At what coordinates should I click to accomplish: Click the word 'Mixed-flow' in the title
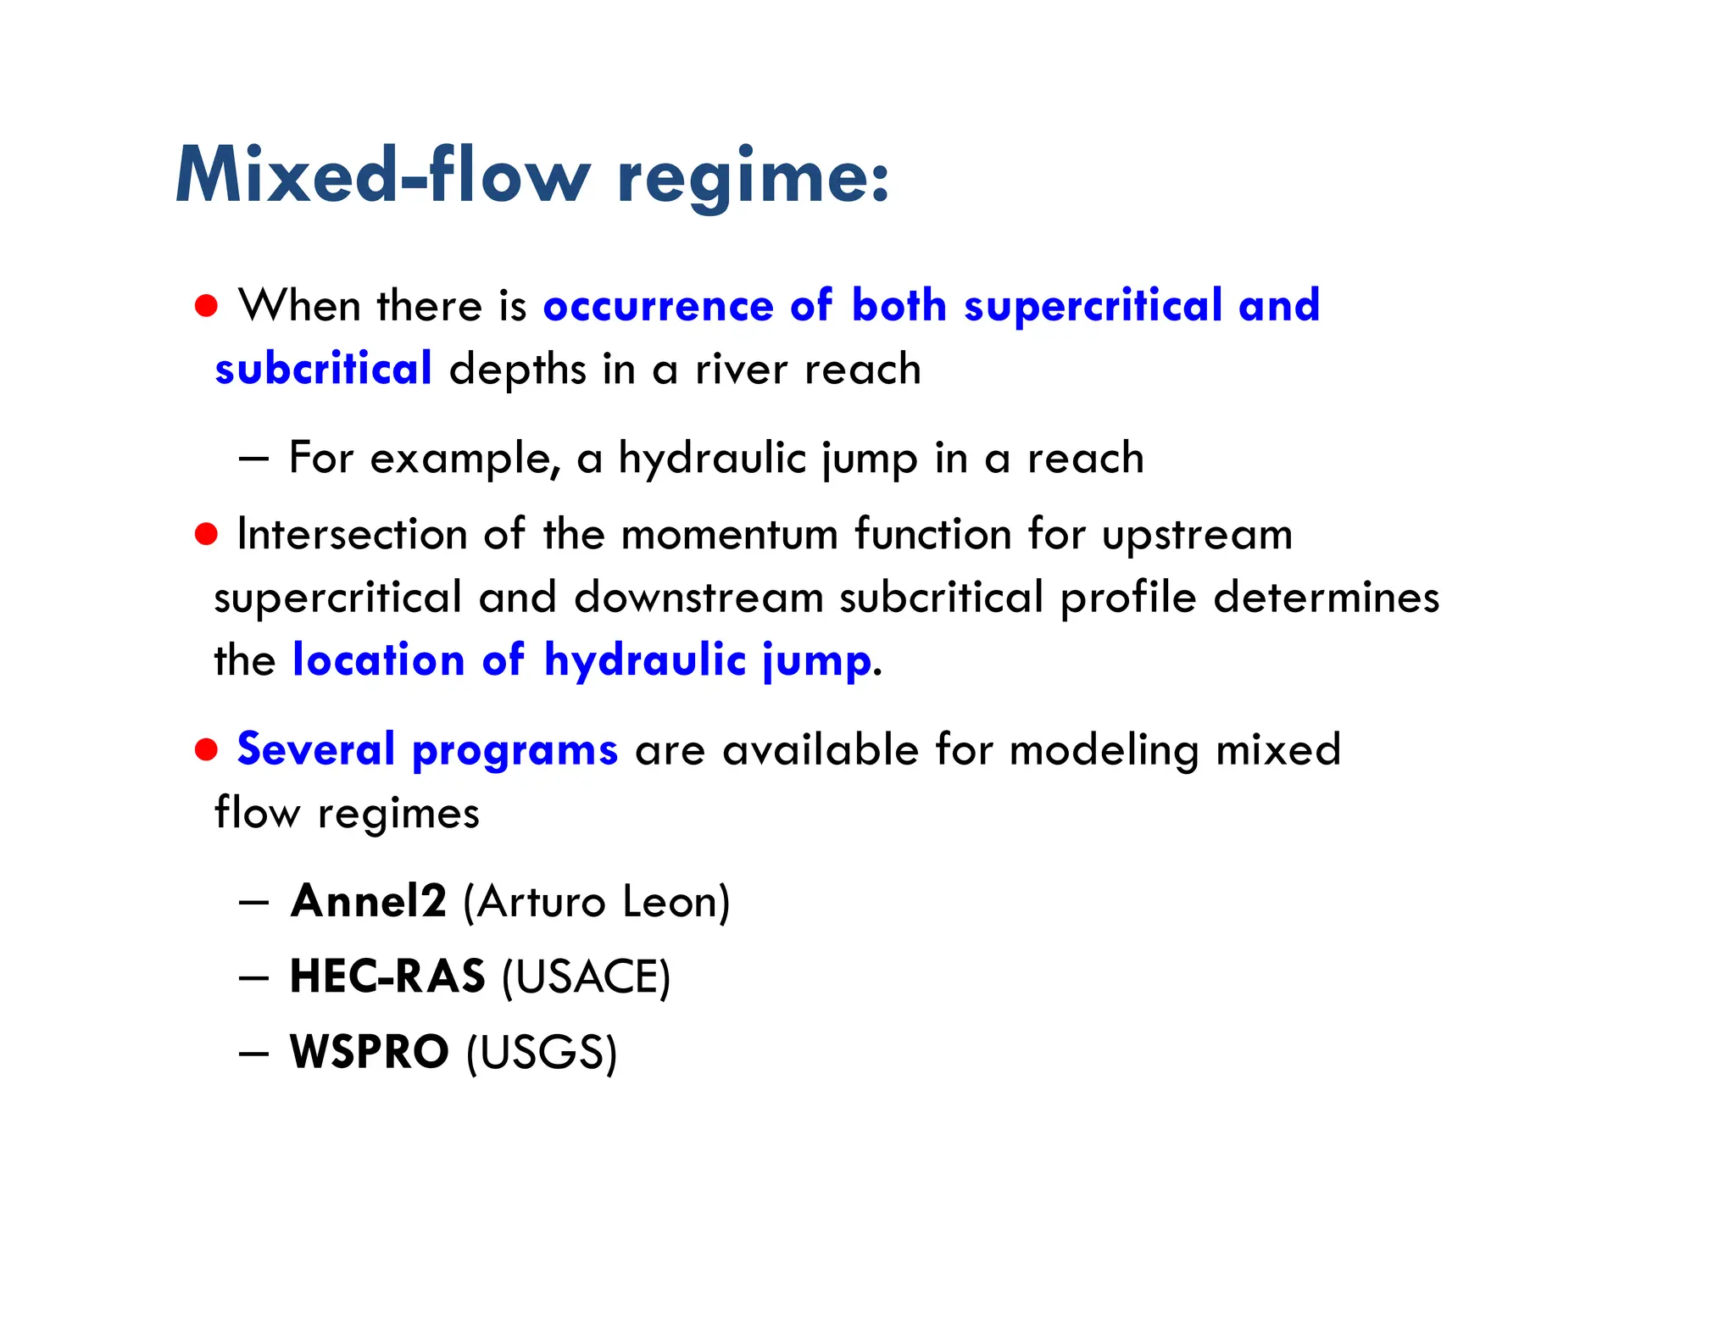click(381, 175)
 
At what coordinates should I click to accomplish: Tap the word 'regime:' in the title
click(754, 178)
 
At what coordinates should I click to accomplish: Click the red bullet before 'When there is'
click(206, 305)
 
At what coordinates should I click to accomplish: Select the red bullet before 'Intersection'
click(206, 534)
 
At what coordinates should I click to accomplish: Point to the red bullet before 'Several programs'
click(206, 749)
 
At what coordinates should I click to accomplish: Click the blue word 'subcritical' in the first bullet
click(323, 369)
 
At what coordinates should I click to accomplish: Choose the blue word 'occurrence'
click(658, 306)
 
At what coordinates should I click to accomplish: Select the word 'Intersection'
click(352, 535)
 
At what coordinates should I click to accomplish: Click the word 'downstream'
click(698, 598)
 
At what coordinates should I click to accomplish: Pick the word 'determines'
click(1326, 598)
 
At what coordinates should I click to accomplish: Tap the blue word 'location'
click(378, 660)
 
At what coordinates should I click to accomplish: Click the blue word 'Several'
click(316, 750)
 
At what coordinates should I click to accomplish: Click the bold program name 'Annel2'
click(368, 901)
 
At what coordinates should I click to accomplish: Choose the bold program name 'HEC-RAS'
click(387, 977)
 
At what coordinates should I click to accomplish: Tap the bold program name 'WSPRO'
click(370, 1052)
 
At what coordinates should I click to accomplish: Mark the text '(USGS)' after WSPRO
click(542, 1053)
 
